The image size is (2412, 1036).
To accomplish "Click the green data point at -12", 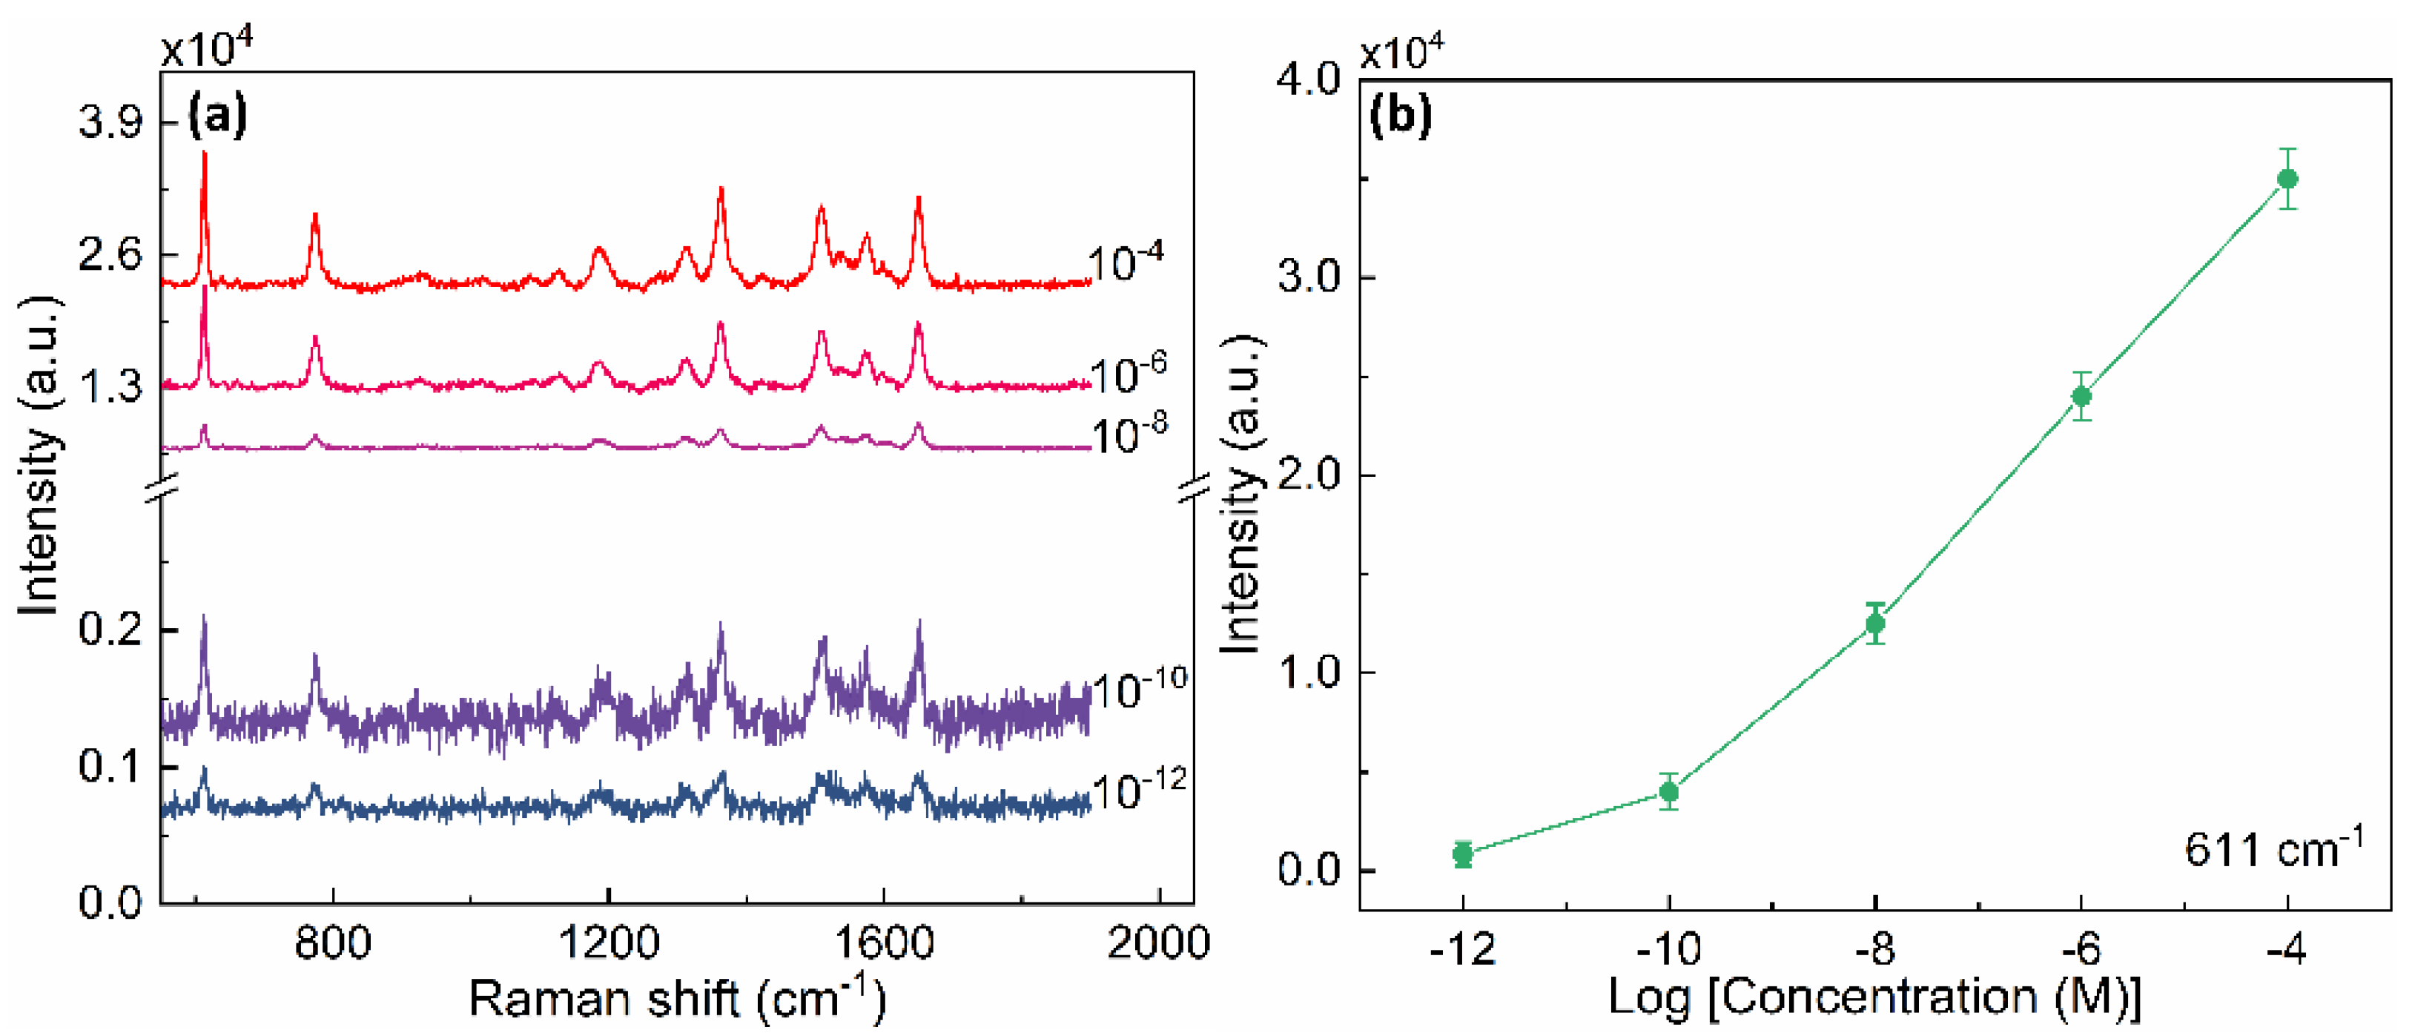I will (x=1463, y=854).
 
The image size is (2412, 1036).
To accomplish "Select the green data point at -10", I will (x=1668, y=791).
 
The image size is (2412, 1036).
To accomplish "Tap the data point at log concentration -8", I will (x=1874, y=623).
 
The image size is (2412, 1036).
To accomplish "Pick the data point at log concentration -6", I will (x=2081, y=396).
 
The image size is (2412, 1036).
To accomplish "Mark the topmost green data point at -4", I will (x=2287, y=179).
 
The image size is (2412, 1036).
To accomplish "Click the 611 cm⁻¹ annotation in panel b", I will (x=2273, y=848).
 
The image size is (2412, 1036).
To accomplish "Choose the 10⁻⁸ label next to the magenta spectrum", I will (x=1129, y=435).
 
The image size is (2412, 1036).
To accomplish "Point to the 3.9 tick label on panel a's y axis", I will (x=110, y=122).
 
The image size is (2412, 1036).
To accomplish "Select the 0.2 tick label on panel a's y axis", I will (x=110, y=629).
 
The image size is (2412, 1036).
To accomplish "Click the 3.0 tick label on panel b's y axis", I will (x=1309, y=277).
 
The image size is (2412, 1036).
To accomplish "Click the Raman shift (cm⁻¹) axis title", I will (x=676, y=998).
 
